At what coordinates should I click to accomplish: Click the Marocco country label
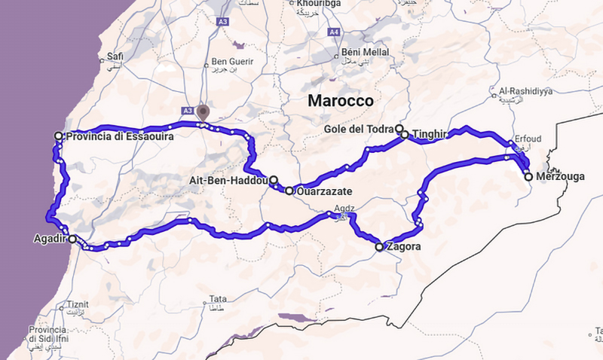tap(341, 100)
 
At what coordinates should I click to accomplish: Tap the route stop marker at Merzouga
tap(528, 176)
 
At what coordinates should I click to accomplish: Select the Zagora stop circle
tap(380, 246)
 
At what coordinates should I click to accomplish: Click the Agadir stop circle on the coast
tap(72, 239)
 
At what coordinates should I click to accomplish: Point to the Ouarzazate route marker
tap(289, 191)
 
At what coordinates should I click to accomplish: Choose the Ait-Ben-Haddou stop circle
tap(274, 180)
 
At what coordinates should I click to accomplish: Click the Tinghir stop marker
tap(405, 135)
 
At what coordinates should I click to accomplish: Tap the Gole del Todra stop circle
tap(399, 129)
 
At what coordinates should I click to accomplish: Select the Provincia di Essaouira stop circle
tap(59, 136)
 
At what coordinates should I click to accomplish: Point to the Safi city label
tap(115, 56)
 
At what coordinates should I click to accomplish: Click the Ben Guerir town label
tap(229, 62)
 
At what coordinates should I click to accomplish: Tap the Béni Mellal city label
tap(363, 52)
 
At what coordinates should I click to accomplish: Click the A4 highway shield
tap(334, 32)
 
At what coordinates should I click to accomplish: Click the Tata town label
tap(218, 297)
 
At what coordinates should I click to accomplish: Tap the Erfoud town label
tap(526, 139)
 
